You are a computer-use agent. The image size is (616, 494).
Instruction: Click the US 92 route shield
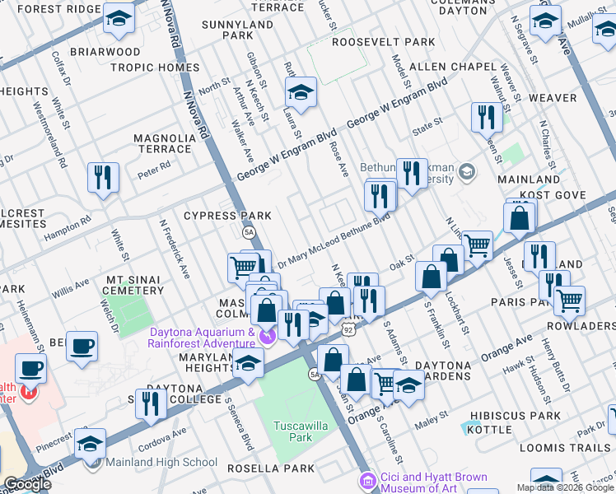(x=348, y=330)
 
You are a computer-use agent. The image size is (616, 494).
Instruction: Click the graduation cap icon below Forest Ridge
(x=119, y=19)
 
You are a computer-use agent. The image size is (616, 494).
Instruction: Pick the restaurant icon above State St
(x=487, y=117)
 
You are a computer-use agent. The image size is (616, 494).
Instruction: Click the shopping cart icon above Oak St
(x=478, y=245)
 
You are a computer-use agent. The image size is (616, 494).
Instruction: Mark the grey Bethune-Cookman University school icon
(x=468, y=172)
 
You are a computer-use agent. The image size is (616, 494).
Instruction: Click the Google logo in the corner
(x=28, y=484)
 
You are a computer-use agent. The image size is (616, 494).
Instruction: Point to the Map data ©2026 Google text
(x=565, y=487)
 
